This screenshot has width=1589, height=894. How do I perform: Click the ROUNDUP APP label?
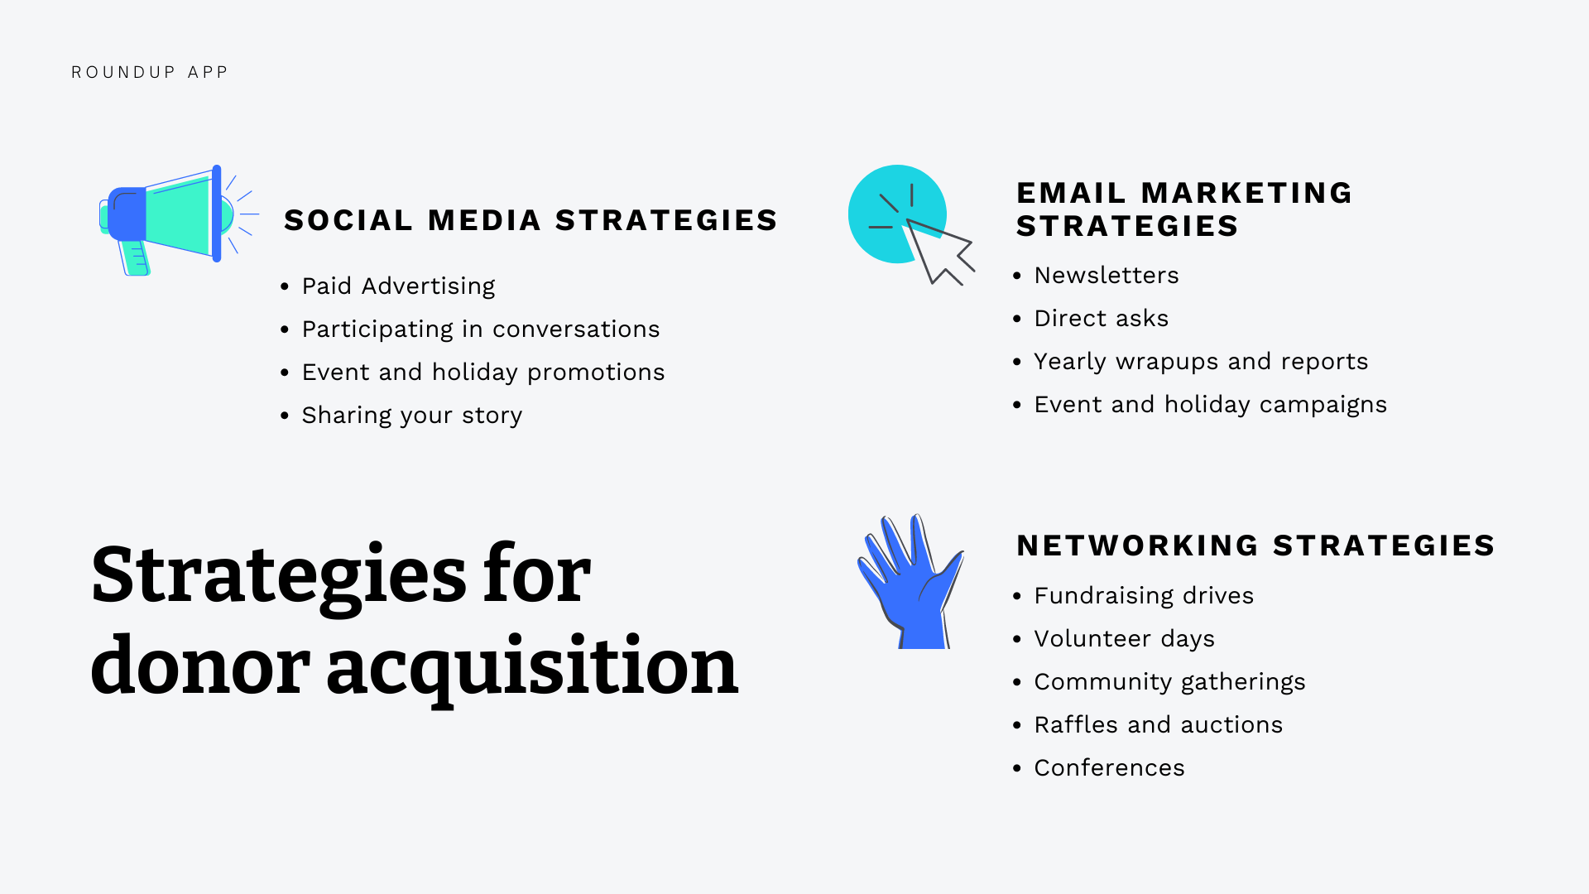pos(149,73)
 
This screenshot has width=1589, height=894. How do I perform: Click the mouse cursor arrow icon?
pos(938,250)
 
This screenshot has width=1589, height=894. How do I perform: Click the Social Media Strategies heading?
pos(530,220)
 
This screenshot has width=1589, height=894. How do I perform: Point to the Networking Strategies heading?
pos(1255,546)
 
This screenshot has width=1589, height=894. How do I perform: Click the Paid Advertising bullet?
pos(398,286)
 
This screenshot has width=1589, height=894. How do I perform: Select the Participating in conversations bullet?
pos(480,329)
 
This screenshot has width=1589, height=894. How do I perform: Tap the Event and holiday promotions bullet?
pos(482,372)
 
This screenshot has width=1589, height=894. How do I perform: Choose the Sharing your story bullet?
pos(411,416)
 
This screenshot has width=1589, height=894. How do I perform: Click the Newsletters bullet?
pos(1106,276)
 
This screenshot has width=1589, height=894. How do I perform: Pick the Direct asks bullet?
pos(1101,319)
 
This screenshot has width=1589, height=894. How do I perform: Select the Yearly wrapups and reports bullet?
pos(1200,362)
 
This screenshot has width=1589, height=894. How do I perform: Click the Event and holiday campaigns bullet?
pos(1210,405)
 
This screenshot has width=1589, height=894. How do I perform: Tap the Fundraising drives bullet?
pos(1143,596)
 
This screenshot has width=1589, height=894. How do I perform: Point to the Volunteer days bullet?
pos(1124,639)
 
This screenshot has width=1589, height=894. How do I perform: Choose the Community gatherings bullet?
pos(1169,682)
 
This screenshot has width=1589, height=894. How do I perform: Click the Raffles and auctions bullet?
pos(1158,725)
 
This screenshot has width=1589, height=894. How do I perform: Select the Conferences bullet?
pos(1109,768)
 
